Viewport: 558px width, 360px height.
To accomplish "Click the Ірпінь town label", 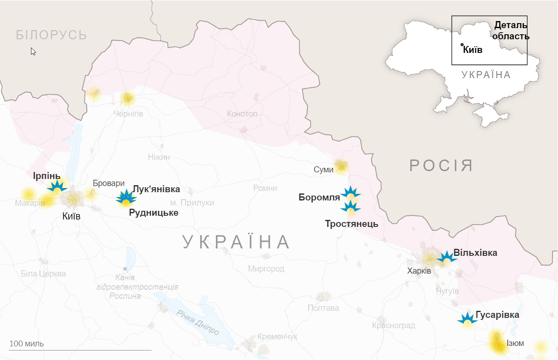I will click(x=47, y=175).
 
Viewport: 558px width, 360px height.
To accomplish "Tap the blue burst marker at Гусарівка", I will click(x=467, y=319).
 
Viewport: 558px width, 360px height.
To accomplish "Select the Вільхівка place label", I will click(x=475, y=253).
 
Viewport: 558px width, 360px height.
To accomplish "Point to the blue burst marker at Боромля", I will click(x=350, y=193).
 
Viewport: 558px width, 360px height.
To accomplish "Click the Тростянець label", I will click(x=351, y=224).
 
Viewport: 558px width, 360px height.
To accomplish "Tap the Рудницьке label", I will click(x=154, y=213).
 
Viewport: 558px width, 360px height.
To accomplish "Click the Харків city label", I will click(x=419, y=271).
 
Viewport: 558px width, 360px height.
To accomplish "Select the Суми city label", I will click(x=323, y=169).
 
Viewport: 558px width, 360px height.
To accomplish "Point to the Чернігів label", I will click(x=128, y=114).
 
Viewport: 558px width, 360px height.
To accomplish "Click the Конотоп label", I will click(x=242, y=113).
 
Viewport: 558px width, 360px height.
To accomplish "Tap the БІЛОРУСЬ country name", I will click(x=52, y=35).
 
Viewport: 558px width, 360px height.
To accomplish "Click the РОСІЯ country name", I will click(x=441, y=165).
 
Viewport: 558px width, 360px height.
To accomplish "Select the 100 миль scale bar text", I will click(x=26, y=343).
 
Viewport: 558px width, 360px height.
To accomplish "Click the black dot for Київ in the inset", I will click(x=462, y=45).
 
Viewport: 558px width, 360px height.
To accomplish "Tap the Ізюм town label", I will click(x=515, y=343).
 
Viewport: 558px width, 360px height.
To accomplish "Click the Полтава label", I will click(x=323, y=308).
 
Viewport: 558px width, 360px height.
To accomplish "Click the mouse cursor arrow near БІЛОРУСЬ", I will click(x=33, y=51).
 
